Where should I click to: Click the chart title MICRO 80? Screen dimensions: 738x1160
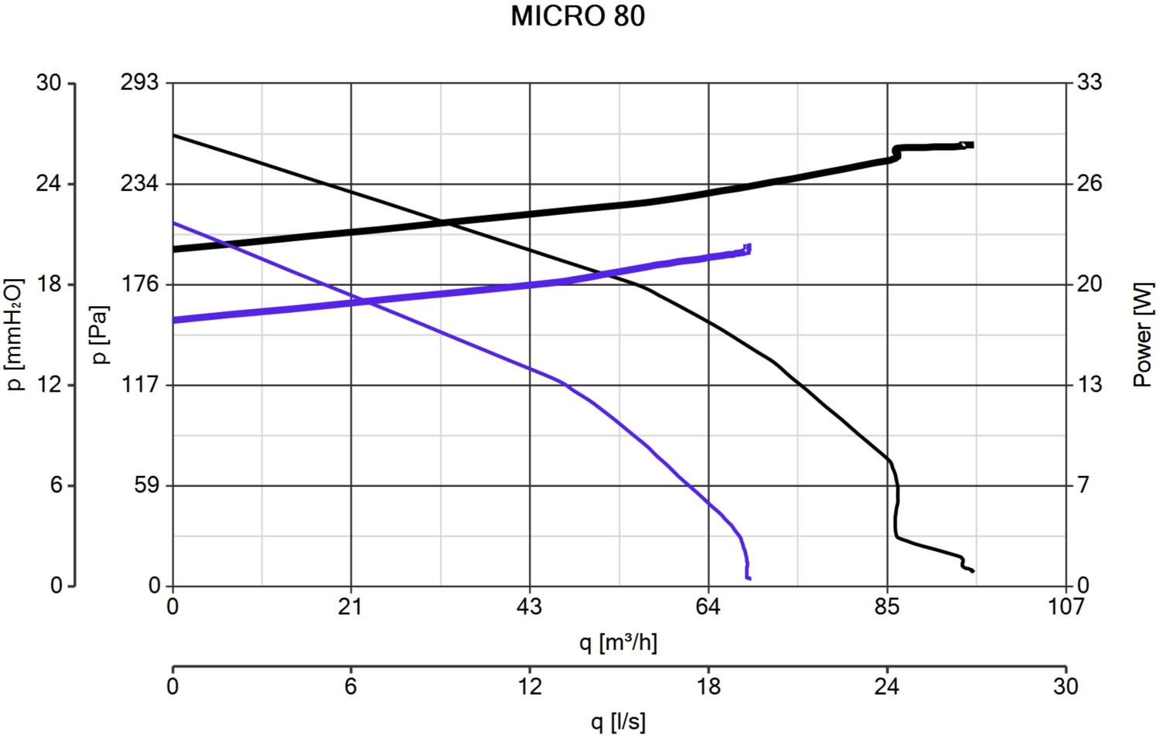click(x=578, y=16)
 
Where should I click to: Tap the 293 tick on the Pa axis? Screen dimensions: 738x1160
click(x=139, y=82)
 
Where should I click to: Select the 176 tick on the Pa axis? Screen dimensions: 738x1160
click(x=139, y=284)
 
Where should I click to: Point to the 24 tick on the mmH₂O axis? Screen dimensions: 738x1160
click(x=48, y=184)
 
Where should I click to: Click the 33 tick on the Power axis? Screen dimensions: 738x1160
click(x=1089, y=82)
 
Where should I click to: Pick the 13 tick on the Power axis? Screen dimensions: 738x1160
click(x=1089, y=385)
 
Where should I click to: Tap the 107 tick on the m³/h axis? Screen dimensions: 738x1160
click(x=1066, y=607)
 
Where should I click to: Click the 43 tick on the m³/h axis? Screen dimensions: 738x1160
click(x=530, y=607)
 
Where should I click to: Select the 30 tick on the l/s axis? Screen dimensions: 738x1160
click(x=1066, y=686)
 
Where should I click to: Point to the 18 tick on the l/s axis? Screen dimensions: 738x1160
click(x=708, y=686)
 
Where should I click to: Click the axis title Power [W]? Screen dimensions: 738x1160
click(x=1142, y=334)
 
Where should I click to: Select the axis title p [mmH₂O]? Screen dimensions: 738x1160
click(x=15, y=334)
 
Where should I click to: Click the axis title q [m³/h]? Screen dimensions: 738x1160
click(x=618, y=642)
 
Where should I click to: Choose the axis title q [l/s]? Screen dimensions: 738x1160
click(x=618, y=722)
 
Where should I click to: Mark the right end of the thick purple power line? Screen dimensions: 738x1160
click(x=749, y=248)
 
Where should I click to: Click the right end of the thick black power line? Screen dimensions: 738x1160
click(x=971, y=145)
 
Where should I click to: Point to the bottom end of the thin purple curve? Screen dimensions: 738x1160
click(x=749, y=578)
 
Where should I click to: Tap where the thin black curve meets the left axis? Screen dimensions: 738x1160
click(x=173, y=135)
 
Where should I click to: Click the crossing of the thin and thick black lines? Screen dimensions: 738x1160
click(x=445, y=223)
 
